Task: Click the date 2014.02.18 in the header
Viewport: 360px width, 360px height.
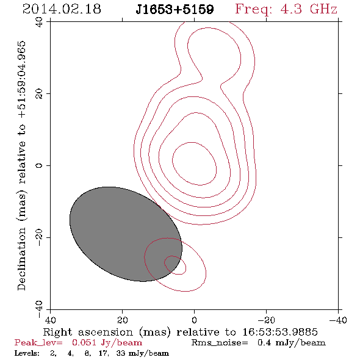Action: (62, 9)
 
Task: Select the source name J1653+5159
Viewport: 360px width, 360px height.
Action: (175, 10)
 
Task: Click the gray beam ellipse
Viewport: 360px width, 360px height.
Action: (126, 234)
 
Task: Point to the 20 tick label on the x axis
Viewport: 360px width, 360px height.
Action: (122, 320)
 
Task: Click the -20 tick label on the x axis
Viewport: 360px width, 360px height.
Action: (266, 320)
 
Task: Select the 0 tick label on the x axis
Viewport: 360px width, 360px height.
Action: (194, 320)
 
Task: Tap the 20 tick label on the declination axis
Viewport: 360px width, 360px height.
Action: (39, 94)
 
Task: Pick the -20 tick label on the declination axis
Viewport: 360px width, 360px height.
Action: (39, 237)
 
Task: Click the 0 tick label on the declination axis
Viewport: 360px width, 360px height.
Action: (39, 165)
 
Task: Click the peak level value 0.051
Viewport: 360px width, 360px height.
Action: (84, 342)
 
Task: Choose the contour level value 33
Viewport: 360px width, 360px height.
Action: (120, 353)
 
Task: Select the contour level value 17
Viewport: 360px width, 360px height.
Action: (103, 353)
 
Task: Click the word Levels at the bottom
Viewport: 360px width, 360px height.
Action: (27, 353)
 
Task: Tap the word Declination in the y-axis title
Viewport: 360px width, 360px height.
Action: (21, 259)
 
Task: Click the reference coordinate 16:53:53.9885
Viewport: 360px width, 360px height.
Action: (280, 332)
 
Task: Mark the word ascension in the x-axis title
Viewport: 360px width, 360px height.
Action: (106, 332)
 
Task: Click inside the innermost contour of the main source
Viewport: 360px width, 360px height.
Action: (194, 164)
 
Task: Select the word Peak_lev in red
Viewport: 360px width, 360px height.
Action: (38, 343)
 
